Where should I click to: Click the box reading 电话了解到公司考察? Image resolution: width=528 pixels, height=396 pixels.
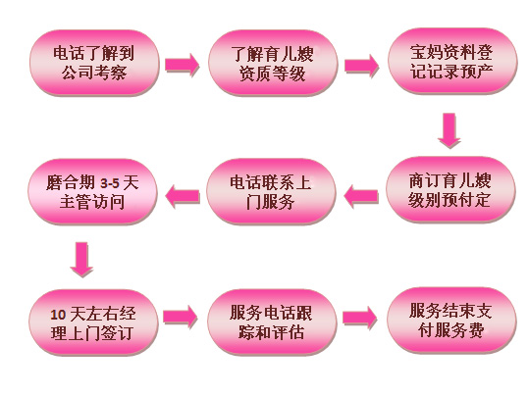[94, 63]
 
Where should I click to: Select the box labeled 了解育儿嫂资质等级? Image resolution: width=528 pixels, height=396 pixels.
[273, 63]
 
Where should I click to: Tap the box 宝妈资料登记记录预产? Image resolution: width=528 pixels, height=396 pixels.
[451, 61]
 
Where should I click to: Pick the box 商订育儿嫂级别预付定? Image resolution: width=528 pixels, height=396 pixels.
[450, 190]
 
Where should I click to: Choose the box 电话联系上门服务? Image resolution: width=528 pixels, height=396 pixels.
[271, 191]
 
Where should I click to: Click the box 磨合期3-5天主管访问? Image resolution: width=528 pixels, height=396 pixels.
[92, 192]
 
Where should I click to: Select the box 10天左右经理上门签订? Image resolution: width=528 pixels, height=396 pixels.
[93, 322]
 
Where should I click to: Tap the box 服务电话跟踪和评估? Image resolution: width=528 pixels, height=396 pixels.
[272, 322]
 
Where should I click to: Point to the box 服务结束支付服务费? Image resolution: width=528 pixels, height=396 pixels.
[451, 321]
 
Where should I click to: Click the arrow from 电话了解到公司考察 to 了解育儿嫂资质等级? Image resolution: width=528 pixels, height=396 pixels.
[183, 65]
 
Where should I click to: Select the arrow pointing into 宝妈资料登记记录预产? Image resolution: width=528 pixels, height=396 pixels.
[361, 66]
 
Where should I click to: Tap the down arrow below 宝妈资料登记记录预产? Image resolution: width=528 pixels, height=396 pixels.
[449, 130]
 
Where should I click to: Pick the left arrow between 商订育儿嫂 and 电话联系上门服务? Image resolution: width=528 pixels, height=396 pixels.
[360, 196]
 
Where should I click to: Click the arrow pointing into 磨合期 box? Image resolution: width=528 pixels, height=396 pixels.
[183, 196]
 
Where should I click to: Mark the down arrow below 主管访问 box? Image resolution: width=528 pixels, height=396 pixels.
[81, 260]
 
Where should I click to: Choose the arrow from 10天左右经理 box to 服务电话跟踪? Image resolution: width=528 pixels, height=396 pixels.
[181, 317]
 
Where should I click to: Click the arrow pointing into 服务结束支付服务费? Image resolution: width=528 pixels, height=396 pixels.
[360, 318]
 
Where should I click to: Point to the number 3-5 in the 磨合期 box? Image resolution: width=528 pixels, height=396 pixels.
[110, 183]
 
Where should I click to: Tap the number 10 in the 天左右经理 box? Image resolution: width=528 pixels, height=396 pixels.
[58, 315]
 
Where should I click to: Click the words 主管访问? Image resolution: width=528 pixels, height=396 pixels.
[92, 203]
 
